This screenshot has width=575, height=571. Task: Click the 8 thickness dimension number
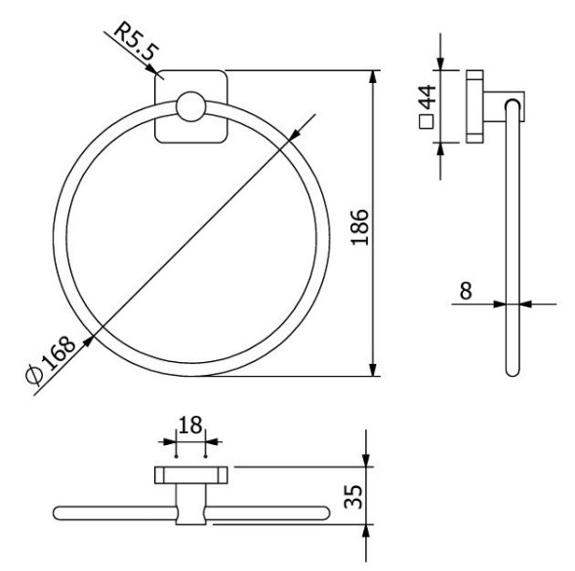pos(467,289)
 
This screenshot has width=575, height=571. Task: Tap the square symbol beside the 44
pos(426,123)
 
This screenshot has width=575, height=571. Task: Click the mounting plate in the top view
pos(190,475)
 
